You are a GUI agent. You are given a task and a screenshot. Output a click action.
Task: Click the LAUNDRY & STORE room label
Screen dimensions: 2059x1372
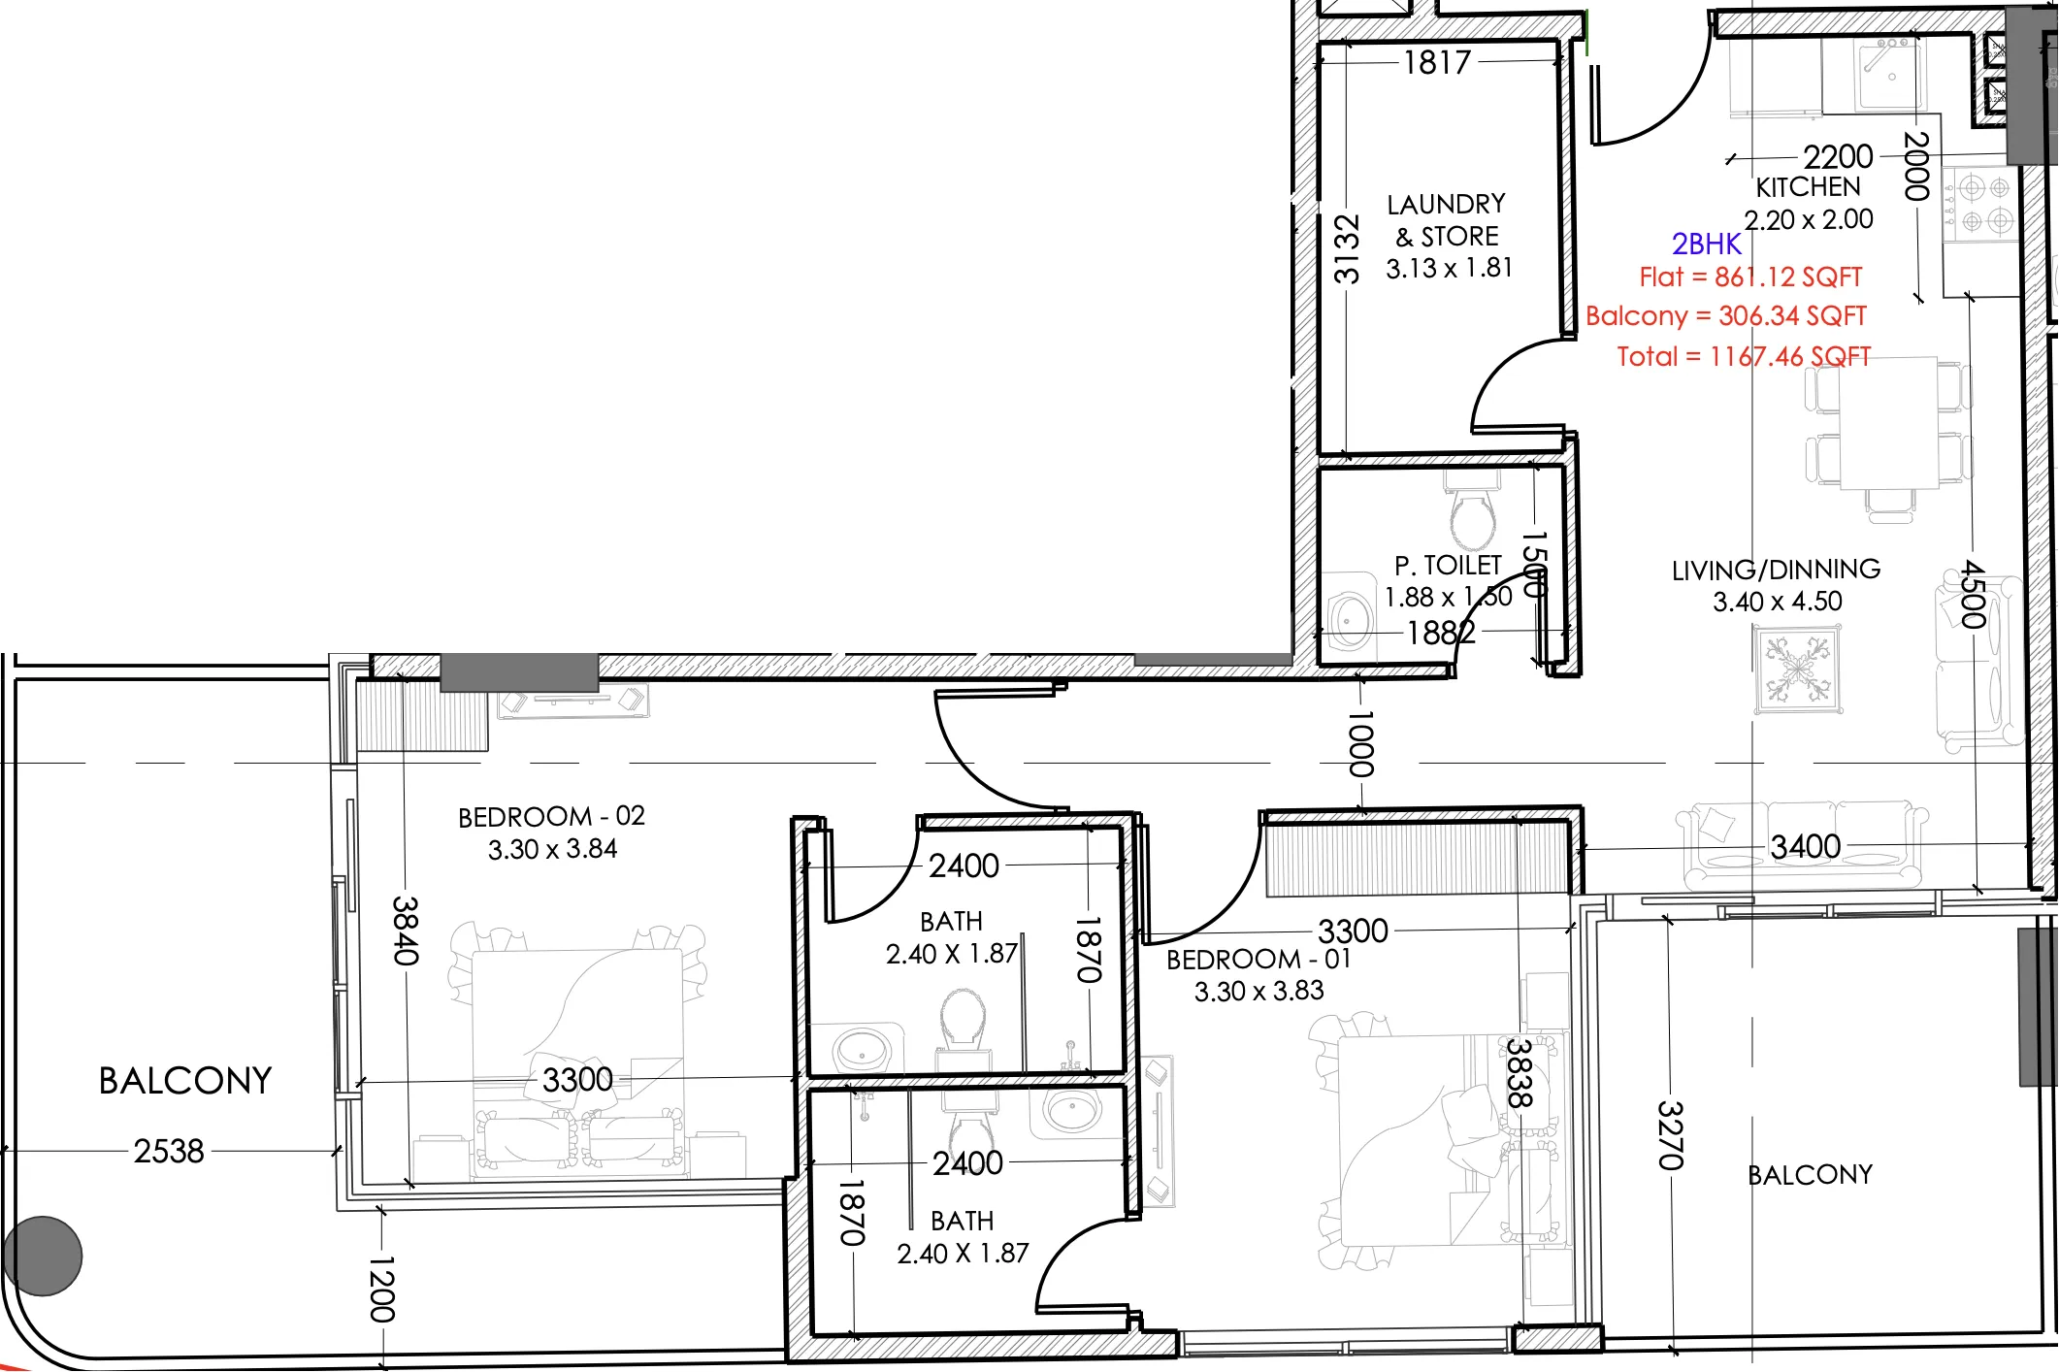point(1447,220)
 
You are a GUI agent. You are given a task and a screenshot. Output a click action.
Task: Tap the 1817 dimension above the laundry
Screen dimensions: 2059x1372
point(1437,63)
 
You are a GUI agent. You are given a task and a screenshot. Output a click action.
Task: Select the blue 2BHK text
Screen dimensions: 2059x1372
point(1707,244)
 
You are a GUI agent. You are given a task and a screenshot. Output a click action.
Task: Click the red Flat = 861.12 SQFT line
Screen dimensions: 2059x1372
point(1750,278)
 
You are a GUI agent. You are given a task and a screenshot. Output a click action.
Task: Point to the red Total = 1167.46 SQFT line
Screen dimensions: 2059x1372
point(1744,356)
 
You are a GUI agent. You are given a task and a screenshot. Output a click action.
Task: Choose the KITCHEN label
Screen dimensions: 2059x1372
point(1809,187)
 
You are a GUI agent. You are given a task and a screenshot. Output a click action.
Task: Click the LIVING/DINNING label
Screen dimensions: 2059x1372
point(1776,570)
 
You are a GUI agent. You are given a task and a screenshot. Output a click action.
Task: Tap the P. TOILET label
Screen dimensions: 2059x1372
point(1448,566)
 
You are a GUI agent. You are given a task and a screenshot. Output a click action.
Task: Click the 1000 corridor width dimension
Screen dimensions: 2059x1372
point(1361,744)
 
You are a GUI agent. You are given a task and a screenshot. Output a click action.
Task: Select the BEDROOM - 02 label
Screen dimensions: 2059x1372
point(551,816)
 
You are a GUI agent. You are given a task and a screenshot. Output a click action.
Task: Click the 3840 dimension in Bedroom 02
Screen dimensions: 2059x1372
point(406,931)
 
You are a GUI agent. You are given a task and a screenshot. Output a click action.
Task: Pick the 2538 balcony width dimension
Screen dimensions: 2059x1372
point(169,1152)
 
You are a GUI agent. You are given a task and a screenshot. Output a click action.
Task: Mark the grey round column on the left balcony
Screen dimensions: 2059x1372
point(43,1256)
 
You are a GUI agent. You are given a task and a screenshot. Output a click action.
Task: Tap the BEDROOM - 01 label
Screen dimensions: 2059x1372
point(1258,960)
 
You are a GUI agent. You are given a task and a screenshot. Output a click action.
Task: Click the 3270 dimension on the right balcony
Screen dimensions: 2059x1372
point(1669,1135)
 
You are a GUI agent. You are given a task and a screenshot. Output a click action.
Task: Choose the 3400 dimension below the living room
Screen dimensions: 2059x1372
point(1806,847)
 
